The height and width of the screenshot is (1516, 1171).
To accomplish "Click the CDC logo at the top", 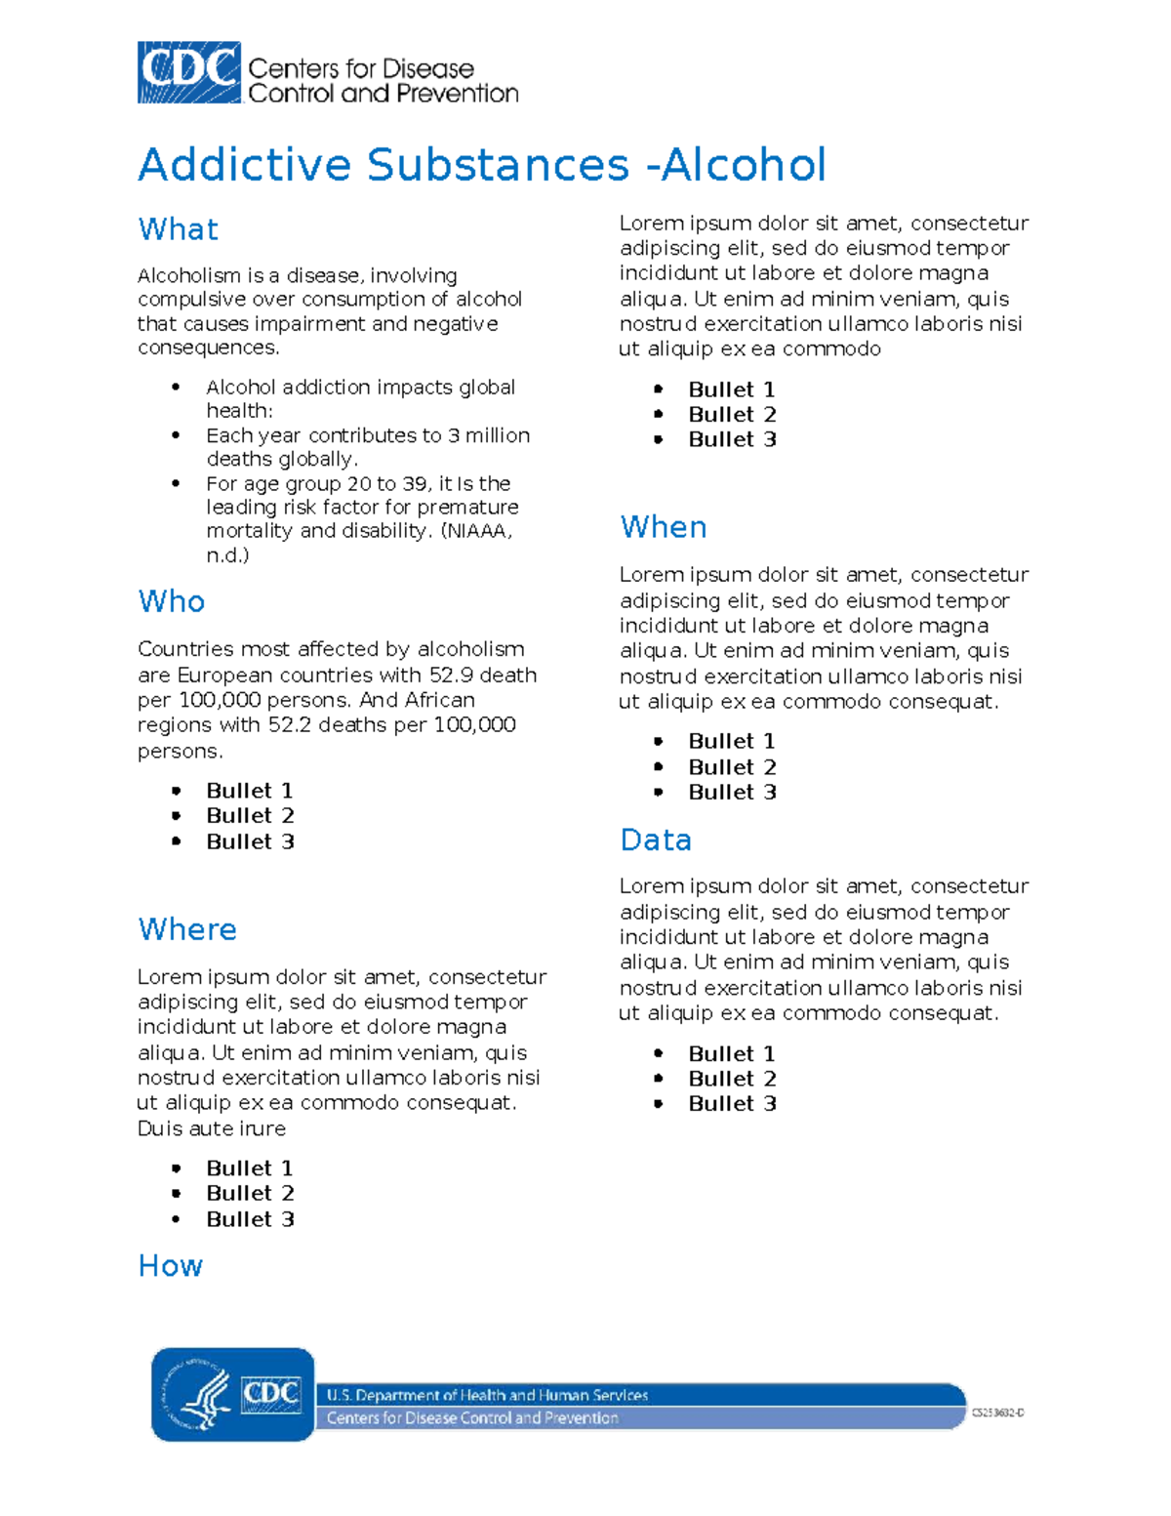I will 189,72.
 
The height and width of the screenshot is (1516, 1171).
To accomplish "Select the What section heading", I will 178,229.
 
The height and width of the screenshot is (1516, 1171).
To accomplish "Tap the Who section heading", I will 171,601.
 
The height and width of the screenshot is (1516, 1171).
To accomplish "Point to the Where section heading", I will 186,929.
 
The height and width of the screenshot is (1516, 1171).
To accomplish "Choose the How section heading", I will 170,1266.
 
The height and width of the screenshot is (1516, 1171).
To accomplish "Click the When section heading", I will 663,527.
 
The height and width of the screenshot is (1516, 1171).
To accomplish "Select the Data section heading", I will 655,840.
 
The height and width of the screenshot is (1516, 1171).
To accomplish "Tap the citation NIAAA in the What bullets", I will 477,532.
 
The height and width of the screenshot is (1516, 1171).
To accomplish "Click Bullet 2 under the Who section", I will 250,816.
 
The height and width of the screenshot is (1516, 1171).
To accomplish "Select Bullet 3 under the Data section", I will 732,1104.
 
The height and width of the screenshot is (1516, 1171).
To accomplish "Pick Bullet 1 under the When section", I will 732,742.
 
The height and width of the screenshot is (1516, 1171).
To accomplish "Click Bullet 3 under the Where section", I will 250,1219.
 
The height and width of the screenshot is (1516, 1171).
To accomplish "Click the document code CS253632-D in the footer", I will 997,1413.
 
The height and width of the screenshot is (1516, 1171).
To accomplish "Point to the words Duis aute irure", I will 212,1128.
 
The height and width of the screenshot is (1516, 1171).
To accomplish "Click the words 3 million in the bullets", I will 489,436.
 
